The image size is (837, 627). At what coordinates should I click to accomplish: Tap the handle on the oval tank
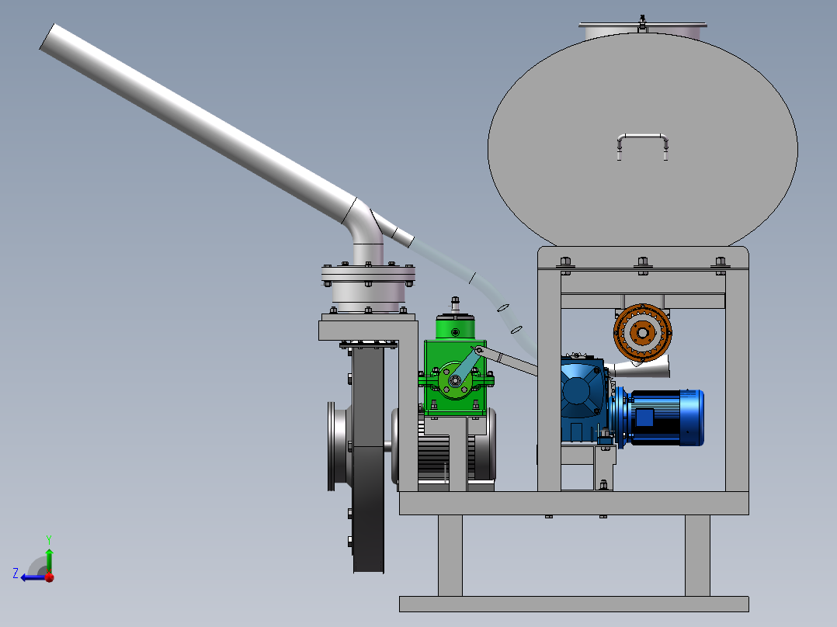pyautogui.click(x=643, y=137)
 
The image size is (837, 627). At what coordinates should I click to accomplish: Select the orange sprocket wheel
pyautogui.click(x=642, y=333)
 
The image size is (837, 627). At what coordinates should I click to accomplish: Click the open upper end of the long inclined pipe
pyautogui.click(x=47, y=36)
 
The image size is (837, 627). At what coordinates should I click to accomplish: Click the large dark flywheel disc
pyautogui.click(x=368, y=459)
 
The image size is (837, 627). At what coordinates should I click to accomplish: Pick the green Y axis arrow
pyautogui.click(x=49, y=559)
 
